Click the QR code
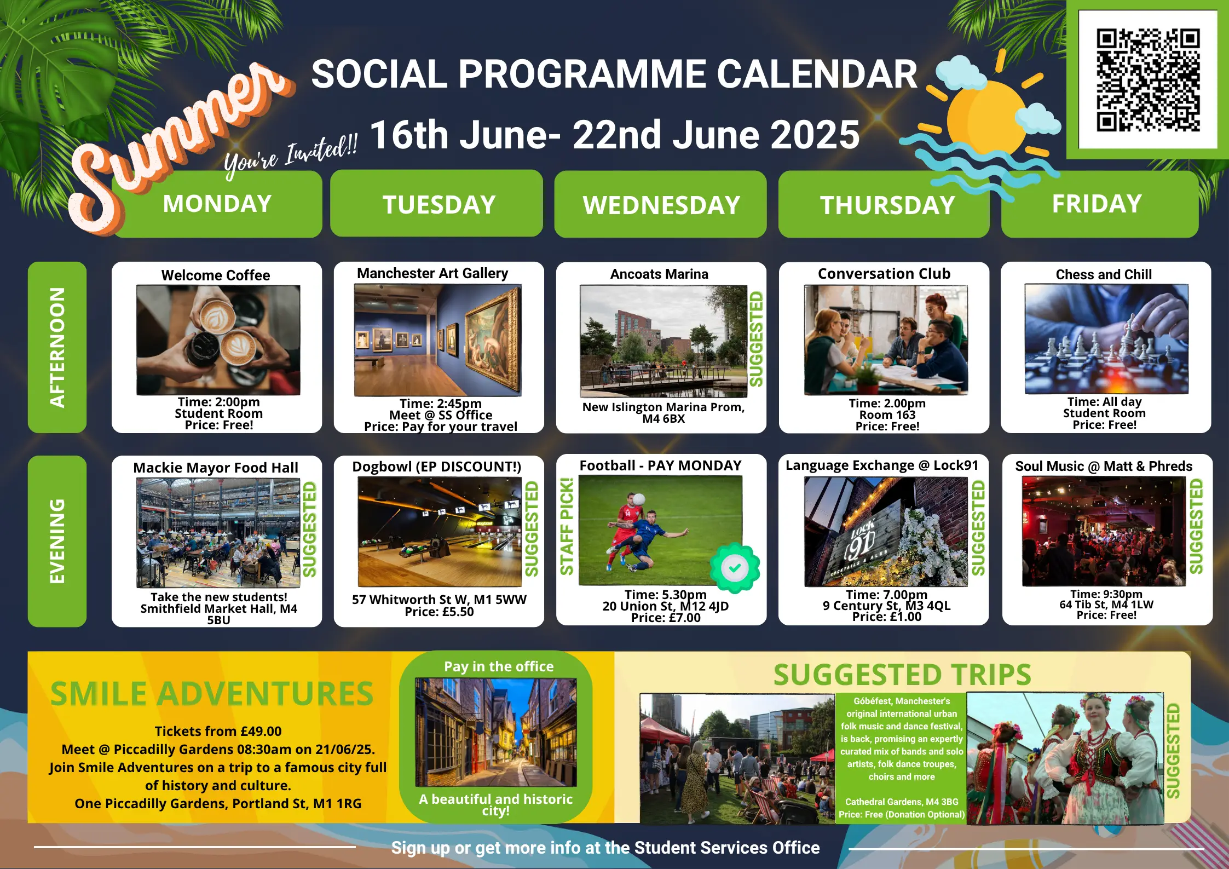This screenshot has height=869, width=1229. (x=1147, y=80)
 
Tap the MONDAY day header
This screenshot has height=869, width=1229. (x=217, y=204)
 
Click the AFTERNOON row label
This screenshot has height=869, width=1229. (x=57, y=347)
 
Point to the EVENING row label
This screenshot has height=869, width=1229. (x=57, y=541)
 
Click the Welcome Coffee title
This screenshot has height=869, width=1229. (x=216, y=275)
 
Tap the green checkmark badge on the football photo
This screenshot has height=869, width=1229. (x=735, y=568)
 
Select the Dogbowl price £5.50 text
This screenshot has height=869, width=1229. (x=439, y=612)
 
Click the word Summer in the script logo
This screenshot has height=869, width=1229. (x=181, y=148)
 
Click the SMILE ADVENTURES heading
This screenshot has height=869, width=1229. (x=212, y=693)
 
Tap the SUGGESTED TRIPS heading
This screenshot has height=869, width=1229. (x=902, y=675)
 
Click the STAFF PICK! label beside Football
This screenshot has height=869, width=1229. (x=567, y=526)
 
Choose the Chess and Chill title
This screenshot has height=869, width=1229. (x=1104, y=274)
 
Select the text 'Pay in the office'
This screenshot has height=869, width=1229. (x=499, y=666)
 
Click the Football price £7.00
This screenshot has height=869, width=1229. (x=666, y=618)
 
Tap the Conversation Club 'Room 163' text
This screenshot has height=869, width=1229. (x=887, y=415)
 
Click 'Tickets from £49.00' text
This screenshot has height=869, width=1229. (x=218, y=731)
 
